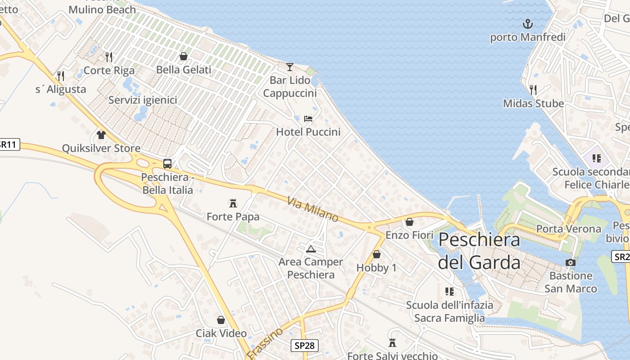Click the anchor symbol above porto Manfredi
tap(527, 23)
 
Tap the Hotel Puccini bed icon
tap(308, 119)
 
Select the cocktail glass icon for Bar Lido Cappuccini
tap(290, 67)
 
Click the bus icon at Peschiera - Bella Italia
tap(167, 164)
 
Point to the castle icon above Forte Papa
tap(233, 203)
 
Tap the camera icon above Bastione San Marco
tap(571, 262)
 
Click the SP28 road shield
tap(305, 346)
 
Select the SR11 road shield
tap(9, 144)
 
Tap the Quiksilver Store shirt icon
tap(101, 135)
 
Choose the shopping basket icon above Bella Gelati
tap(184, 56)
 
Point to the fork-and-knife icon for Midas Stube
tap(533, 90)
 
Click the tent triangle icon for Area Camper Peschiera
tap(310, 249)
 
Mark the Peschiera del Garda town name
tap(479, 251)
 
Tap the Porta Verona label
tap(568, 229)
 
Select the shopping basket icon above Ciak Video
tap(221, 320)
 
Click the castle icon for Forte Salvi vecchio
tap(392, 343)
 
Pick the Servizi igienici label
tap(143, 100)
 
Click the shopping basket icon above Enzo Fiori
tap(409, 222)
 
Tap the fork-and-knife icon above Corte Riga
tap(109, 57)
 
